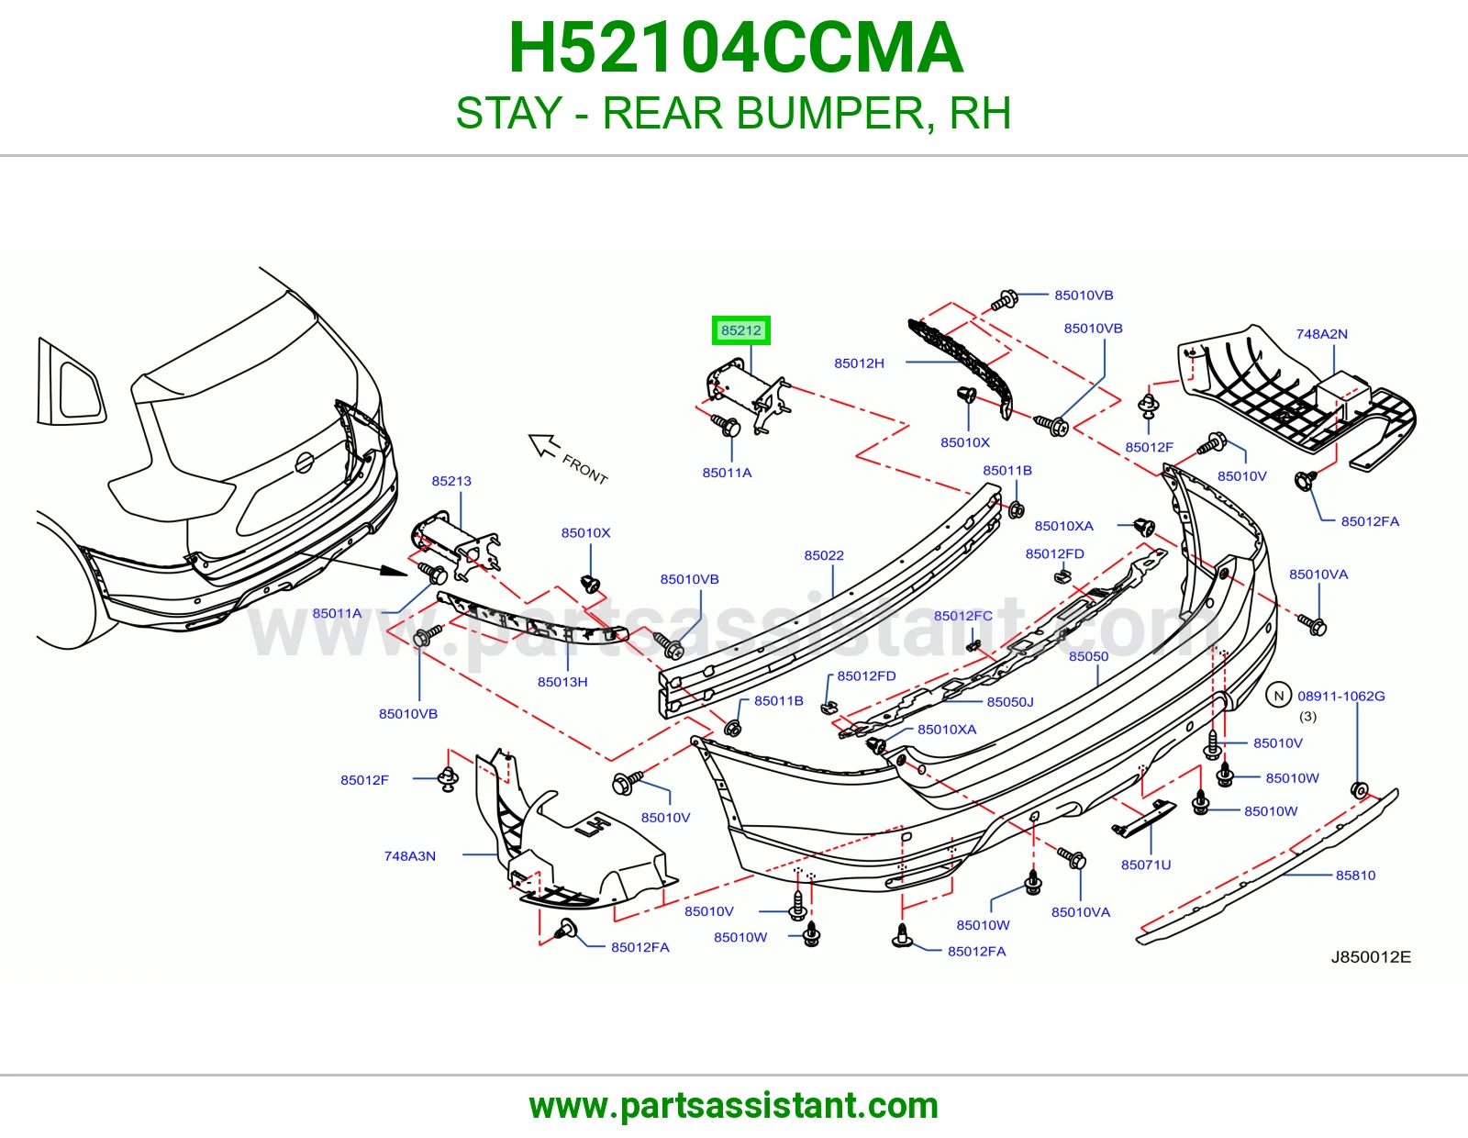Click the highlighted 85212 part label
pos(740,330)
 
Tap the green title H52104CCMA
pos(736,48)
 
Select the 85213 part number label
pos(451,481)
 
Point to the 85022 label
pos(824,555)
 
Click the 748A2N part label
pos(1321,334)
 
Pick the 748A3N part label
pos(409,856)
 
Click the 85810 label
pos(1355,876)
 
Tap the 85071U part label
pos(1146,865)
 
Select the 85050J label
pos(1010,702)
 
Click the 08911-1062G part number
pos(1341,696)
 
